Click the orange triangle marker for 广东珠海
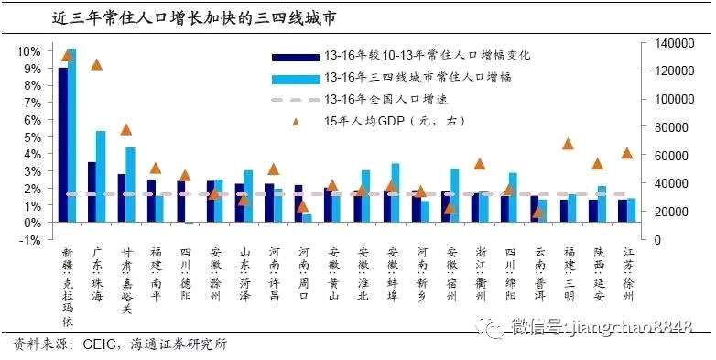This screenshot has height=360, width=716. point(96,65)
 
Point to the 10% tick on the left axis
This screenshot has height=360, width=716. point(28,50)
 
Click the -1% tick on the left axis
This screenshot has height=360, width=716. point(28,240)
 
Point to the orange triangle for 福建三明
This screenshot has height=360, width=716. point(568,144)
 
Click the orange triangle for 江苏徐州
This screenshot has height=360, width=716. point(627,153)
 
